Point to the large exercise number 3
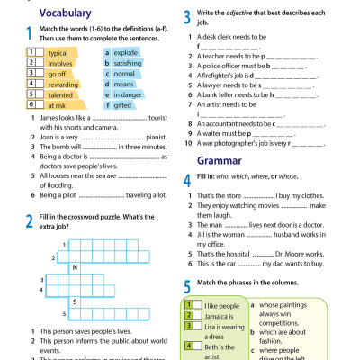coord(185,16)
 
